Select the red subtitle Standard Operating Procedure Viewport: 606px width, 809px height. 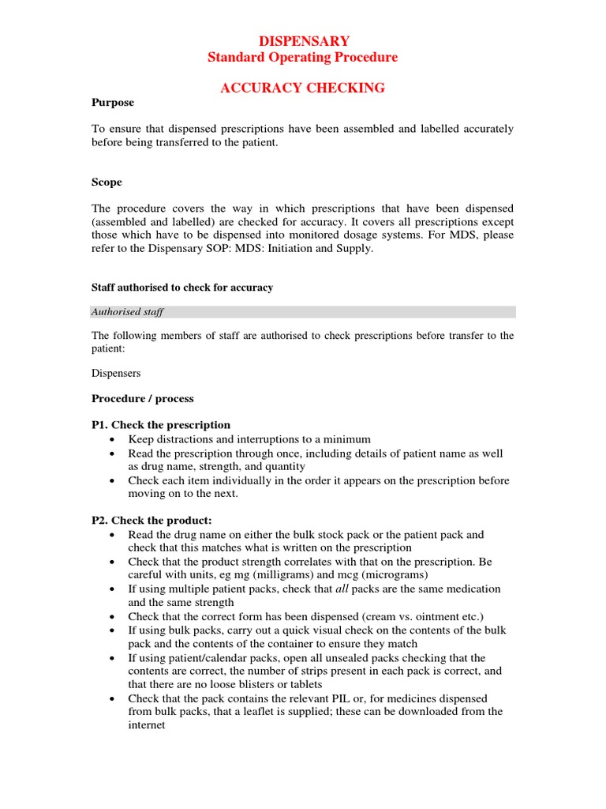302,57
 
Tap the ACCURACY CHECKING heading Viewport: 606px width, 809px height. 302,88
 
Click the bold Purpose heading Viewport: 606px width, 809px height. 113,103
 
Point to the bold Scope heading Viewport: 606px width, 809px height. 107,182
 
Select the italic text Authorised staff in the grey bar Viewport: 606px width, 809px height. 127,312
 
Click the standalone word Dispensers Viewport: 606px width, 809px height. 116,373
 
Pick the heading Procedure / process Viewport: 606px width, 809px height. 142,398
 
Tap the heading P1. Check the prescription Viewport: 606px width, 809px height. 161,425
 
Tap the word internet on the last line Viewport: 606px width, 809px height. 147,725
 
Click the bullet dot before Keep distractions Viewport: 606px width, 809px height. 115,440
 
